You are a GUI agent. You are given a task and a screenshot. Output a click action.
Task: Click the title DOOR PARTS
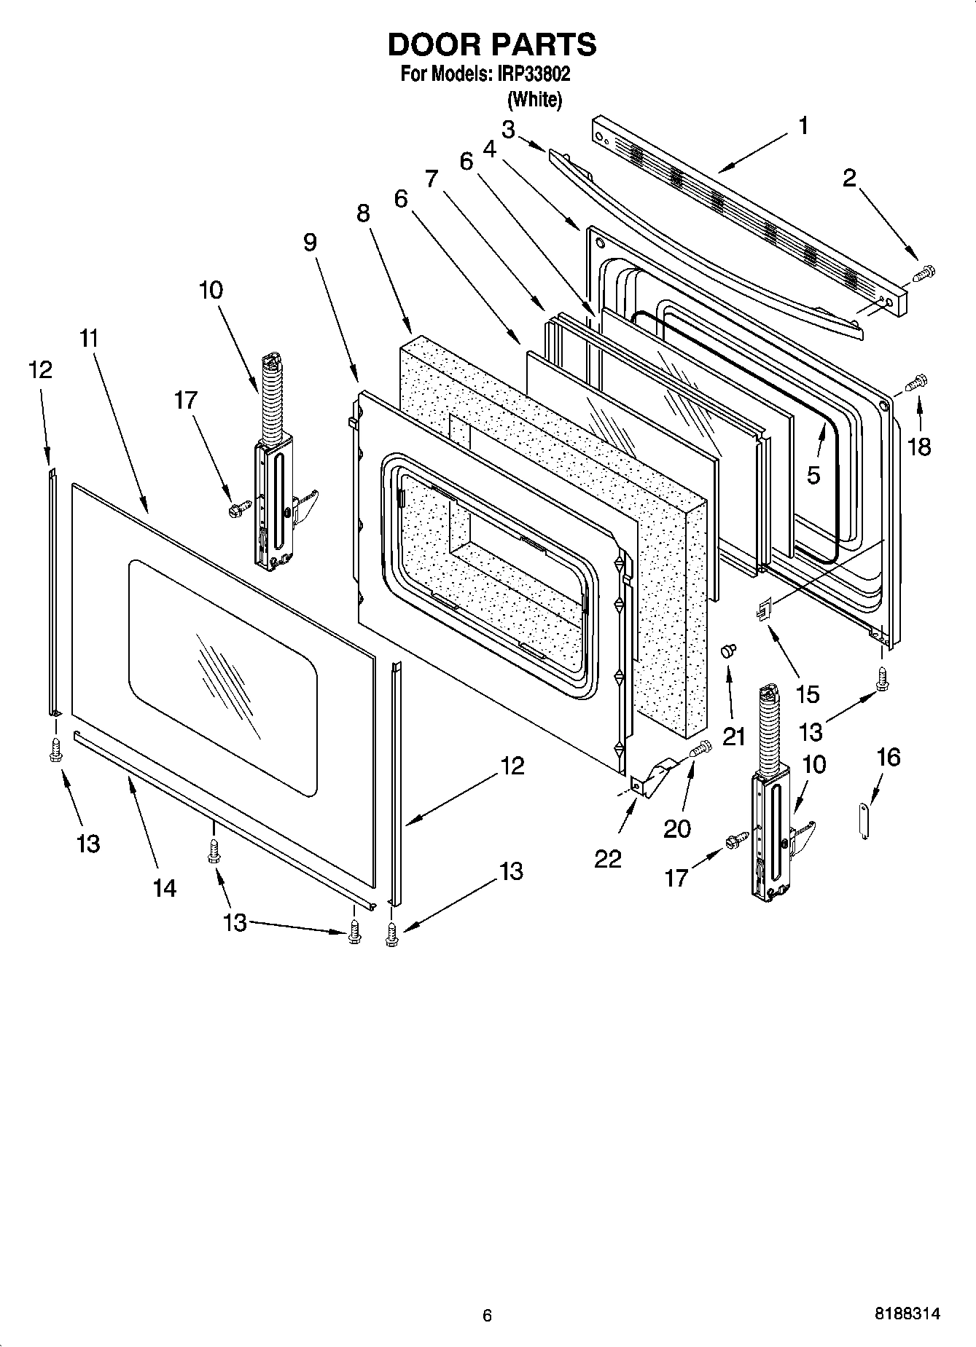pos(491,45)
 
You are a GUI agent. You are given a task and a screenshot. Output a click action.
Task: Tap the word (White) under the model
pos(534,99)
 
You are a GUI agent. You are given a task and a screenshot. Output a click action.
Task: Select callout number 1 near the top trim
pos(803,126)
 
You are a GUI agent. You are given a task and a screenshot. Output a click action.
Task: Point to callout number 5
pos(813,475)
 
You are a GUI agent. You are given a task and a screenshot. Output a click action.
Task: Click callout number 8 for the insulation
pos(363,213)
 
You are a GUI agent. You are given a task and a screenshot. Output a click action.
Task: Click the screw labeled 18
pos(916,381)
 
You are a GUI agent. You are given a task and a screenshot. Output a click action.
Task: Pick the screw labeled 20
pos(700,747)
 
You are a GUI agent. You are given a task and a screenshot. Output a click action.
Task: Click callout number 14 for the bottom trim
pos(165,887)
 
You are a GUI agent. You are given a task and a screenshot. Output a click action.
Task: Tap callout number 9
pos(311,242)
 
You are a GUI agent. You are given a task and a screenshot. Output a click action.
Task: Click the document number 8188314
pos(907,1314)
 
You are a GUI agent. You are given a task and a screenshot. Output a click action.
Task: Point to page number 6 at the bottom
pos(487,1315)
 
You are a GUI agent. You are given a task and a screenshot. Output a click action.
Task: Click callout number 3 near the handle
pos(508,130)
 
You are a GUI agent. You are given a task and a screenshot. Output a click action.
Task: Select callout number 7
pos(432,178)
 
